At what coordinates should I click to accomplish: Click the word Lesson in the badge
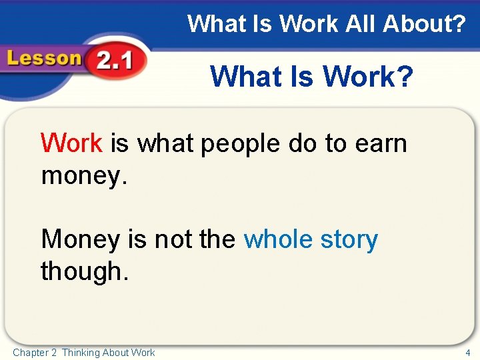44,58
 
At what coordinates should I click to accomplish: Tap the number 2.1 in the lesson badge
115,61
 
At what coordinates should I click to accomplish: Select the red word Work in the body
71,143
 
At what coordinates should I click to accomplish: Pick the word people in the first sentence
233,144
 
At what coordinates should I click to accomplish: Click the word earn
380,143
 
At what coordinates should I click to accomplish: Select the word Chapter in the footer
30,352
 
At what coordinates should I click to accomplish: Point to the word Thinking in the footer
81,352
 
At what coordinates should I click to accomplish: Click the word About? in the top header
425,25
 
